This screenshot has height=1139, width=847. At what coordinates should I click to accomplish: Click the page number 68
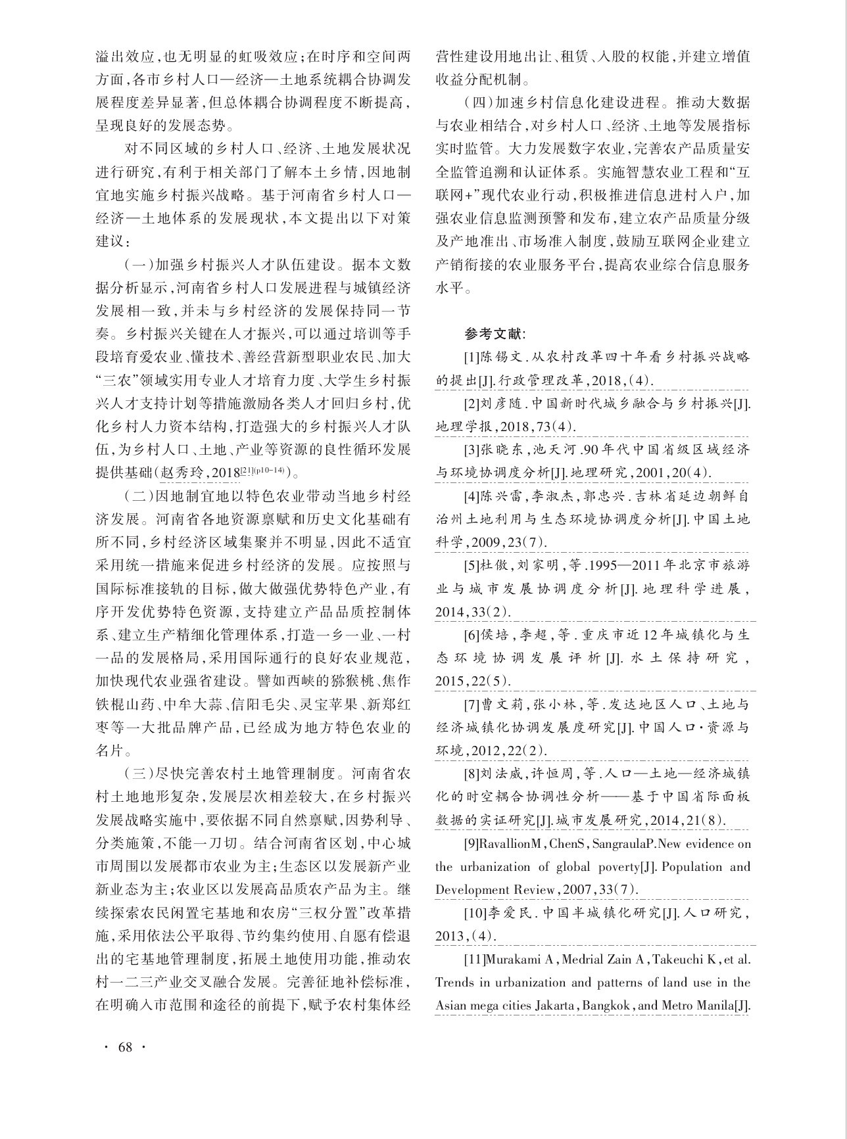click(x=125, y=1047)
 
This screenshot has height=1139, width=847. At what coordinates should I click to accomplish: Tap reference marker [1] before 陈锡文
click(x=472, y=358)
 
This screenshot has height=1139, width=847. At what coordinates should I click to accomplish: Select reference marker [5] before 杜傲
click(x=472, y=565)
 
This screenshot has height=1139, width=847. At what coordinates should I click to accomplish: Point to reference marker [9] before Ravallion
click(x=473, y=843)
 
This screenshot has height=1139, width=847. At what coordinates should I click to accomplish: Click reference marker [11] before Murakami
click(x=474, y=959)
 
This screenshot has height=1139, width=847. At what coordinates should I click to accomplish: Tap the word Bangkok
click(x=606, y=1006)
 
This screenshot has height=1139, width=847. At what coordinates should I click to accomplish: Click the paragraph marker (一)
click(x=137, y=265)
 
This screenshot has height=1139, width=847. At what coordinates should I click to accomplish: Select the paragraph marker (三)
click(x=137, y=772)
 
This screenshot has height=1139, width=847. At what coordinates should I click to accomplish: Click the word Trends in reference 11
click(x=453, y=983)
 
